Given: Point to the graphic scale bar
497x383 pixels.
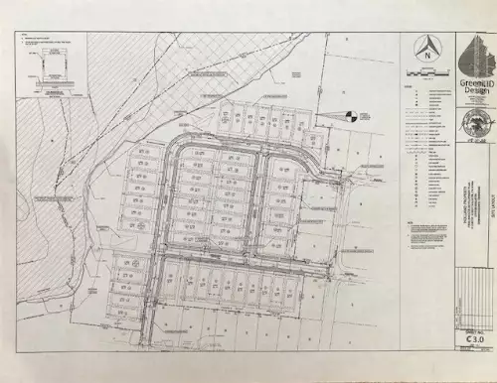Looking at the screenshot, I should click(x=425, y=72).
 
